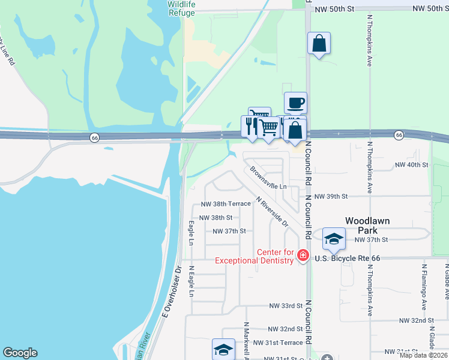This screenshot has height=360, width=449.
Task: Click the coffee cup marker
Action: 295,103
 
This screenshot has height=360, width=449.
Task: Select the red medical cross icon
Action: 303,256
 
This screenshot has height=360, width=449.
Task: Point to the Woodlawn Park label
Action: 367,225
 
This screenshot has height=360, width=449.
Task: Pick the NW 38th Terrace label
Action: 226,204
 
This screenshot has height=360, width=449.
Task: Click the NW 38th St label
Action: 215,218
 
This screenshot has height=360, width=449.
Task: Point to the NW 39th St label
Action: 332,196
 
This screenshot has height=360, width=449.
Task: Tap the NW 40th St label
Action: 411,164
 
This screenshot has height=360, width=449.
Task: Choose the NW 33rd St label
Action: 285,306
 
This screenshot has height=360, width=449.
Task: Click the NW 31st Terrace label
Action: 278,343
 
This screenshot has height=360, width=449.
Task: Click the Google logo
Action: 20,353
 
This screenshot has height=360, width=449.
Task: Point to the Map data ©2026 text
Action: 423,355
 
